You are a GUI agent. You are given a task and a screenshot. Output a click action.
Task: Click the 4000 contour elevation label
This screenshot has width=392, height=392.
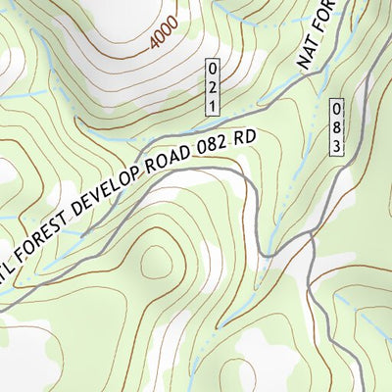click(x=168, y=34)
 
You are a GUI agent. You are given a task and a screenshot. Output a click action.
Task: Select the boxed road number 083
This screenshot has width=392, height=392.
click(x=336, y=126)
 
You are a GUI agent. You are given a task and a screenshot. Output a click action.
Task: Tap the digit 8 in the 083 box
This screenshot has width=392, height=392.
click(x=336, y=126)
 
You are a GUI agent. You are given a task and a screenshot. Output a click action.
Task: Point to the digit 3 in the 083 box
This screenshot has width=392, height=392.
click(x=336, y=144)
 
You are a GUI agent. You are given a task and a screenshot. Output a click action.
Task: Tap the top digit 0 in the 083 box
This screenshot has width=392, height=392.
click(x=336, y=109)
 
